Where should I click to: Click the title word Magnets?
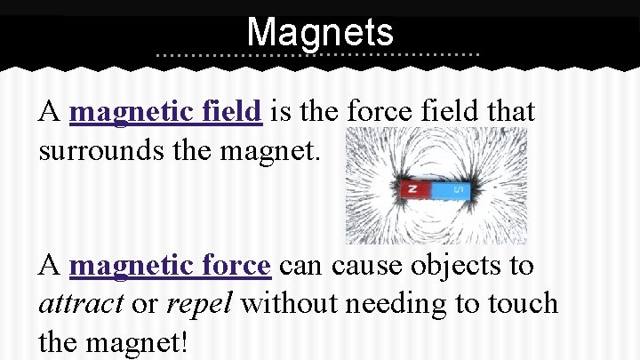click(320, 33)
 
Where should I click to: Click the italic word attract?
click(81, 304)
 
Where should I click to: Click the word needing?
click(390, 305)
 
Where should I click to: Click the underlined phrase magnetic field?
click(165, 113)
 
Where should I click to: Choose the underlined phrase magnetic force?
click(170, 266)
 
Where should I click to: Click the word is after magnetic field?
click(282, 113)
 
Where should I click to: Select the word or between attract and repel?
click(144, 305)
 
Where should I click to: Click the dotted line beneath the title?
click(317, 55)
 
